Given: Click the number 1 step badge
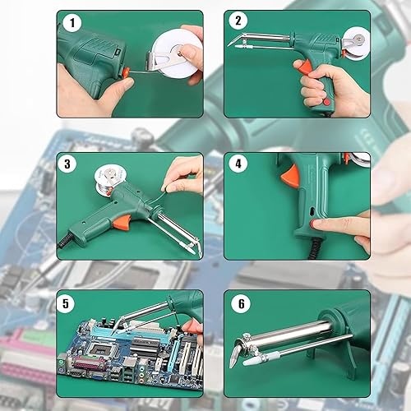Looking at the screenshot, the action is [72, 22].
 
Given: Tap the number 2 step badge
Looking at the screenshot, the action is [238, 21].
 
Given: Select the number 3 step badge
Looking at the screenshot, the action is [67, 164].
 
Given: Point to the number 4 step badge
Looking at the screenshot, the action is [238, 164].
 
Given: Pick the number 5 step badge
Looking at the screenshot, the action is [66, 303].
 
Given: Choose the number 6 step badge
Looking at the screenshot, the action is [241, 303].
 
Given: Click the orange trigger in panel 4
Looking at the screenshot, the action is [290, 176].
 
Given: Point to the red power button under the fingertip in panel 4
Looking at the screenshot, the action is [313, 224].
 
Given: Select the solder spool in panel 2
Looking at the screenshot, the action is [355, 44].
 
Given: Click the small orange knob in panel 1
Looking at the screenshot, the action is [126, 73].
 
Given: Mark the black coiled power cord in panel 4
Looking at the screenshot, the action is [315, 249].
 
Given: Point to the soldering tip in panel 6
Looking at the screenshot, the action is [235, 357].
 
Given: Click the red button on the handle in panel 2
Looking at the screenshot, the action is [326, 102].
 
